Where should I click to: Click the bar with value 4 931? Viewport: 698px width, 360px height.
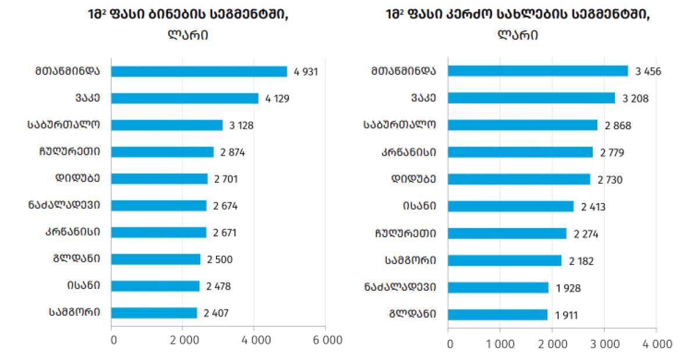pos(199,72)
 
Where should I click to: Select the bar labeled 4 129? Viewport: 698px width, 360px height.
pos(184,98)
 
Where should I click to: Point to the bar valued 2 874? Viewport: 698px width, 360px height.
pos(162,152)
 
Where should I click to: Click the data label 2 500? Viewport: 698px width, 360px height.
pos(219,259)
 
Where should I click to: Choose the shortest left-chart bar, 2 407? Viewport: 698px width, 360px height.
pos(154,313)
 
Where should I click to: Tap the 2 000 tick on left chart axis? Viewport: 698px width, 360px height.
pos(183,340)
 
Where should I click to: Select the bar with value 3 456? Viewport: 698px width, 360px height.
pos(538,71)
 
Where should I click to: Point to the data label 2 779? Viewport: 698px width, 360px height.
pos(613,152)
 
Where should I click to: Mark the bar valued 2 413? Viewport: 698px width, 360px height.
pos(511,206)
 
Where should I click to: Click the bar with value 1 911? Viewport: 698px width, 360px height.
pos(497,315)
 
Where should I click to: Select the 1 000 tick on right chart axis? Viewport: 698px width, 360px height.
pos(500,344)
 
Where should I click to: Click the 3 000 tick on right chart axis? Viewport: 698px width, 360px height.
pos(604,344)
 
